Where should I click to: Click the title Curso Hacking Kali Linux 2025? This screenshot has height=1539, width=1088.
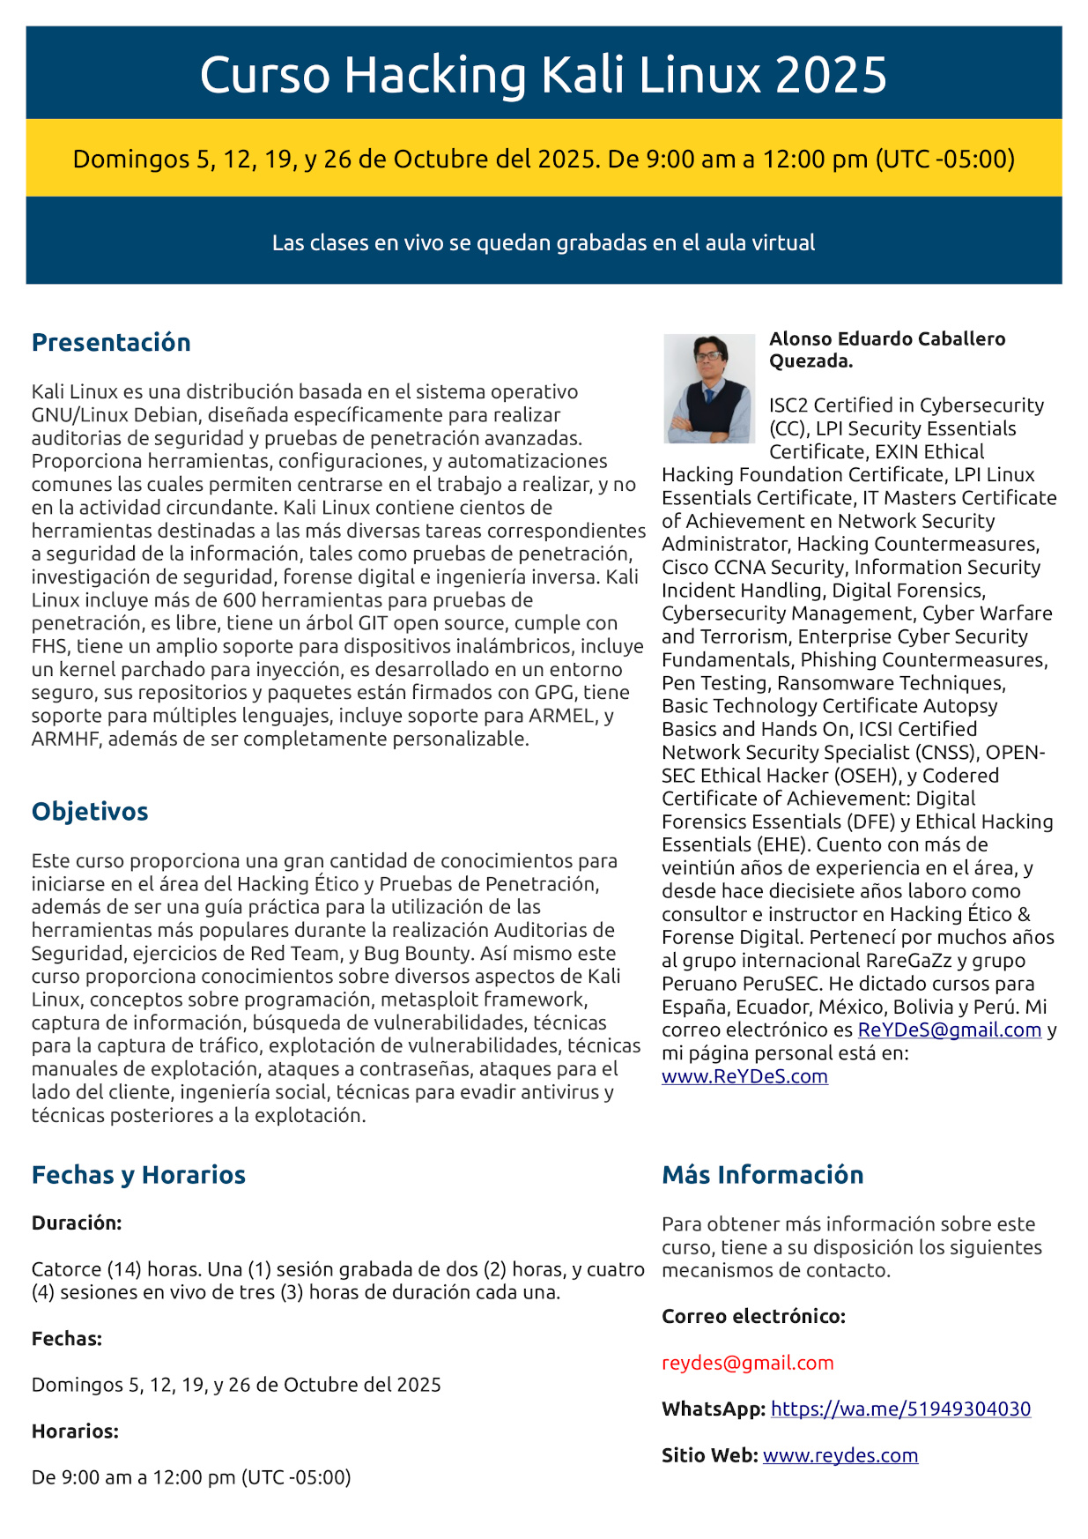pyautogui.click(x=544, y=74)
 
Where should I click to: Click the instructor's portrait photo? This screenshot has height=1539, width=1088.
pyautogui.click(x=708, y=388)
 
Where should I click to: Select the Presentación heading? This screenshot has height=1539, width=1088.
pyautogui.click(x=111, y=342)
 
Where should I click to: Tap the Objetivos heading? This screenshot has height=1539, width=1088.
pyautogui.click(x=90, y=811)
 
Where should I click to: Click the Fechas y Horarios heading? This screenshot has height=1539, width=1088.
pyautogui.click(x=138, y=1174)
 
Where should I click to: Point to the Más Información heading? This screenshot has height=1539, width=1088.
pyautogui.click(x=762, y=1174)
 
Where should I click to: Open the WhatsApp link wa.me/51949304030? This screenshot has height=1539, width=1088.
pyautogui.click(x=900, y=1409)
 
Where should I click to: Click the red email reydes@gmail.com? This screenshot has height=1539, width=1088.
pyautogui.click(x=747, y=1363)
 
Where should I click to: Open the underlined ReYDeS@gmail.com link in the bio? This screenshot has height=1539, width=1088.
pyautogui.click(x=949, y=1030)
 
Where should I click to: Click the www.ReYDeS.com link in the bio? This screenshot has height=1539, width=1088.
pyautogui.click(x=744, y=1076)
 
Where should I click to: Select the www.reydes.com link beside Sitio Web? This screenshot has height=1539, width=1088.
pyautogui.click(x=840, y=1455)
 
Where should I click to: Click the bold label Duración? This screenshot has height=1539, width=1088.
pyautogui.click(x=77, y=1223)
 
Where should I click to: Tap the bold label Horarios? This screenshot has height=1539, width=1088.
pyautogui.click(x=75, y=1431)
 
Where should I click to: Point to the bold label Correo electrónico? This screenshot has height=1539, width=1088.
pyautogui.click(x=753, y=1316)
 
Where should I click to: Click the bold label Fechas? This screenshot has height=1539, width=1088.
pyautogui.click(x=67, y=1338)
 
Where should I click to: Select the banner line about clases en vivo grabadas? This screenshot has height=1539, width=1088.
pyautogui.click(x=544, y=242)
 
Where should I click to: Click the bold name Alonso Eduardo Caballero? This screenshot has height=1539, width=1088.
pyautogui.click(x=887, y=339)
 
